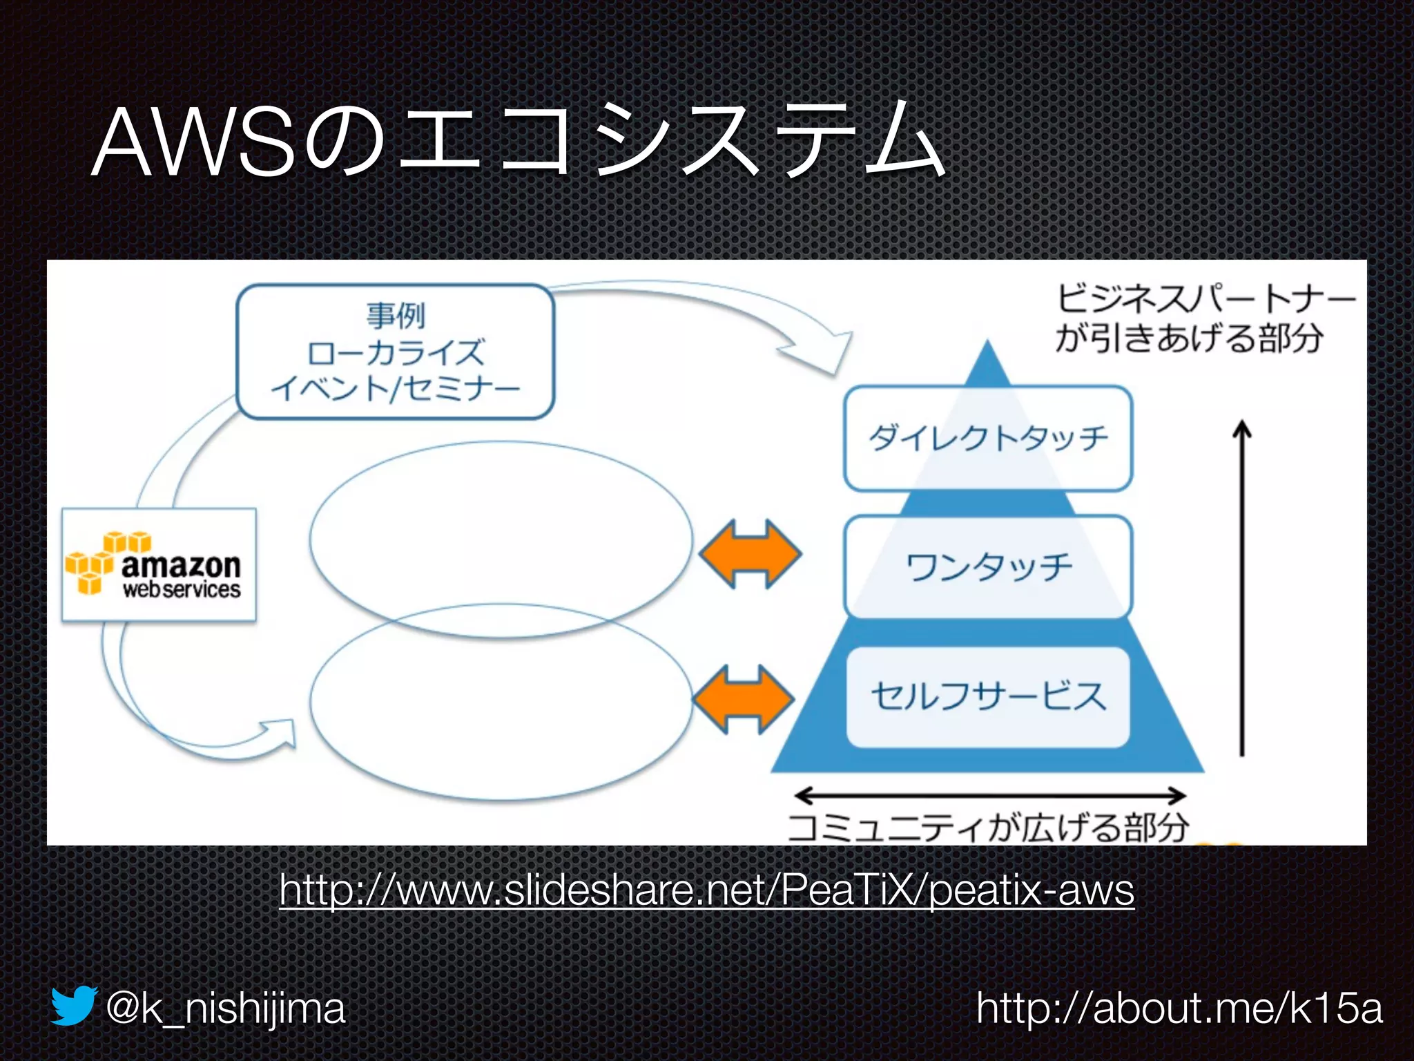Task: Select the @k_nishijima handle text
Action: point(225,1009)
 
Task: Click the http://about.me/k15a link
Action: point(1179,1009)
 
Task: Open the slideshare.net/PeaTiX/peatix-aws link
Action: point(706,890)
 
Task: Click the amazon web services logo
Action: point(159,565)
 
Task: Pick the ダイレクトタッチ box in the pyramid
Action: point(988,439)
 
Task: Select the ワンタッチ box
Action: point(988,566)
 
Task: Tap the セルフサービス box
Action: point(988,696)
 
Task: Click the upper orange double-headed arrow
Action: point(750,554)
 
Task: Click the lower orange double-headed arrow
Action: point(743,699)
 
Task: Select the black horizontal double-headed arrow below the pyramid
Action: point(990,796)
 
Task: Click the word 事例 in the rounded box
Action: point(396,316)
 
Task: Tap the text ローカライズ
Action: point(396,353)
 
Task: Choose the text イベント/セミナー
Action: point(396,389)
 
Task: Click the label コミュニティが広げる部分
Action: point(988,828)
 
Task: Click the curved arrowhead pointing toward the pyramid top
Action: point(825,351)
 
